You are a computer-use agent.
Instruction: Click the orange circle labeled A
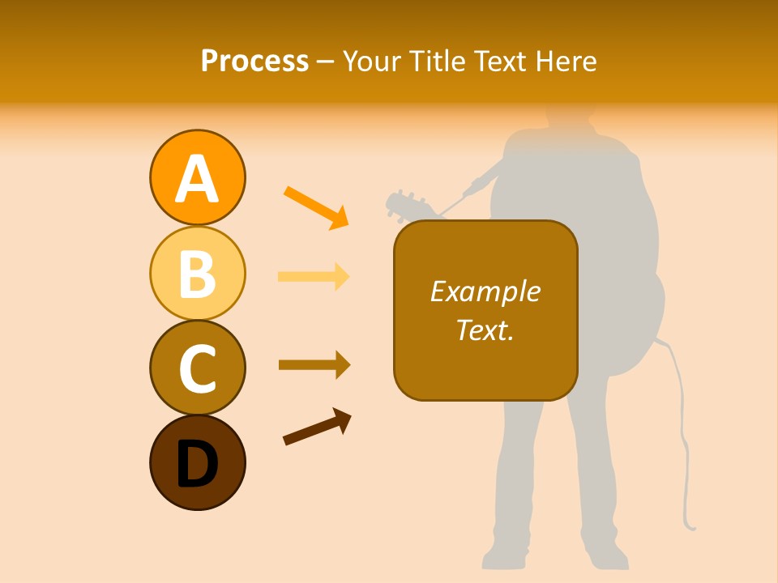pyautogui.click(x=197, y=177)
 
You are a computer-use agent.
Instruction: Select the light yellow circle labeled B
pyautogui.click(x=197, y=273)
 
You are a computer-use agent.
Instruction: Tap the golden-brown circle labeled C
pyautogui.click(x=197, y=368)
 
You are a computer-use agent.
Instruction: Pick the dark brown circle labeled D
pyautogui.click(x=197, y=462)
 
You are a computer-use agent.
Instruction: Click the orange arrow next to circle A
pyautogui.click(x=316, y=207)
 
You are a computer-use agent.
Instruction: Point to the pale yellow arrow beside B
pyautogui.click(x=314, y=276)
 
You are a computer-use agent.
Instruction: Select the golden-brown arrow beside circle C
pyautogui.click(x=314, y=364)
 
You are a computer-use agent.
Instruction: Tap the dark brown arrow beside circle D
pyautogui.click(x=317, y=427)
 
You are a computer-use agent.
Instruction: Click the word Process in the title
pyautogui.click(x=254, y=61)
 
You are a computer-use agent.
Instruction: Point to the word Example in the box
pyautogui.click(x=485, y=291)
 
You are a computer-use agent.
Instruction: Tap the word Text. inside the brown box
pyautogui.click(x=485, y=330)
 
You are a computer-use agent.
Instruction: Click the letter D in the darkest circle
pyautogui.click(x=197, y=466)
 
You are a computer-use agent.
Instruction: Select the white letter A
pyautogui.click(x=197, y=179)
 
